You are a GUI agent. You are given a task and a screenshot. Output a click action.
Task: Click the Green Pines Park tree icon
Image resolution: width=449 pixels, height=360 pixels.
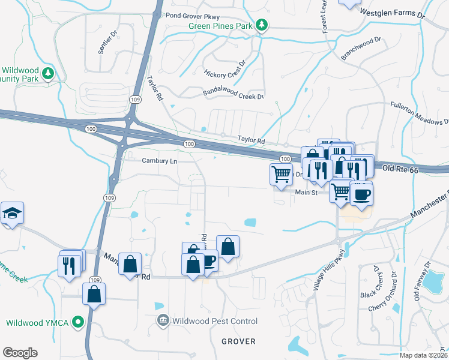(x=261, y=25)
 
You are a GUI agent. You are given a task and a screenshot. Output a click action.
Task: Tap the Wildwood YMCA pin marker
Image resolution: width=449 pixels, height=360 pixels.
(x=77, y=322)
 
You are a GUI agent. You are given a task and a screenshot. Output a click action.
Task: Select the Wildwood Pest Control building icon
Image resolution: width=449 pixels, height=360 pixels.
(x=163, y=321)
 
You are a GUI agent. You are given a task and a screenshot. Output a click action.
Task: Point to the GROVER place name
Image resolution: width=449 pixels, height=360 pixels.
(x=238, y=341)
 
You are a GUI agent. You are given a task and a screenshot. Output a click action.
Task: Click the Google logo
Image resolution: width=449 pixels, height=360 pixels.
(x=20, y=352)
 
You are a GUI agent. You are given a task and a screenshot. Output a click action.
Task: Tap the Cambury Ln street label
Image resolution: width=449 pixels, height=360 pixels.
(x=160, y=161)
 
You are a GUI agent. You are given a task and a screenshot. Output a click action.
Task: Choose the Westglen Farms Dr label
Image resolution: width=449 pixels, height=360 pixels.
(x=391, y=13)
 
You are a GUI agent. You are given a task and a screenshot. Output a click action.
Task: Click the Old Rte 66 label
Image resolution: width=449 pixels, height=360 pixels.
(x=399, y=170)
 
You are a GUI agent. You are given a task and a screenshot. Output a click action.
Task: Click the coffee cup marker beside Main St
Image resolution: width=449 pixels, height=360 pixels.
(x=361, y=195)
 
